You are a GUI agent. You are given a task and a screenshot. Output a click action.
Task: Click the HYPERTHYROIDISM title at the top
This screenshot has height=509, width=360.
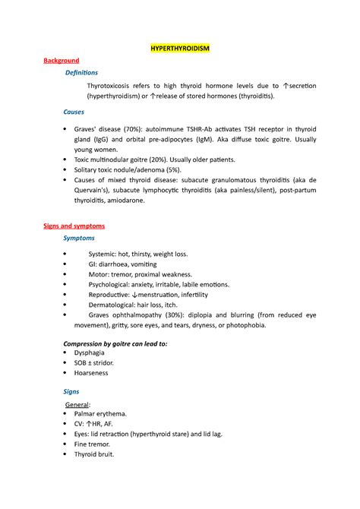(179, 48)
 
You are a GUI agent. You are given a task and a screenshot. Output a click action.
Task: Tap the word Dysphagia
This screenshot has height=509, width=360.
(91, 353)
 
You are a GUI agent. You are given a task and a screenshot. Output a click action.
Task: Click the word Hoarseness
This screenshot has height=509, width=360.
(93, 373)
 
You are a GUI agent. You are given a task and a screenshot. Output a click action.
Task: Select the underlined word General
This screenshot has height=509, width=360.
(78, 405)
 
